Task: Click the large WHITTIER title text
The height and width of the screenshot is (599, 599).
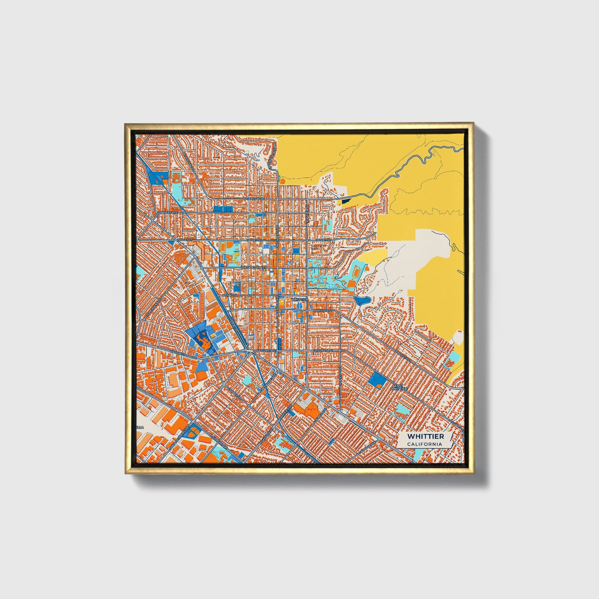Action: point(425,437)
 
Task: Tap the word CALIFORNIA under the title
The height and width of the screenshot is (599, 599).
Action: point(424,444)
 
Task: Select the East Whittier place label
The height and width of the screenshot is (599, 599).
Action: point(399,387)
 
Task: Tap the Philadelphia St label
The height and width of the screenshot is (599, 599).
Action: point(253,268)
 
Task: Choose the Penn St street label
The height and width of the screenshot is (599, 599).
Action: point(229,295)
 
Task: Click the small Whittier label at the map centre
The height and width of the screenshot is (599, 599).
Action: point(299,299)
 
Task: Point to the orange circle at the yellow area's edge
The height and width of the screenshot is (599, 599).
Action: point(282,181)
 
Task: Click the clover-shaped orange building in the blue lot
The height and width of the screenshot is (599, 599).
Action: point(203,340)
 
